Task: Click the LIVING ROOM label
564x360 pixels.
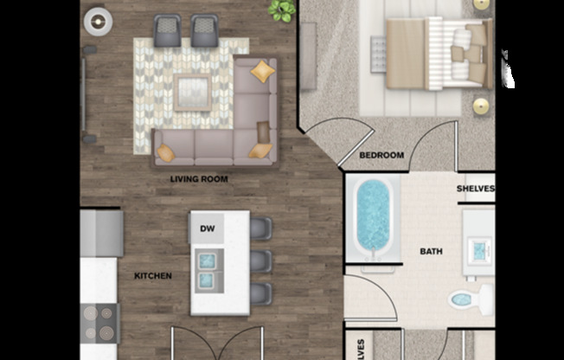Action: tap(199, 180)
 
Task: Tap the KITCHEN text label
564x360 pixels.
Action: tap(152, 276)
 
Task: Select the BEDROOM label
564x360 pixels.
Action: tap(381, 156)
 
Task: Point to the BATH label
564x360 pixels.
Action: tap(431, 252)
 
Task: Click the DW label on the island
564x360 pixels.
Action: tap(207, 228)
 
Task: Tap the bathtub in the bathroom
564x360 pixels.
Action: tap(375, 218)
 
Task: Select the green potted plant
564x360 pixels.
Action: tap(281, 10)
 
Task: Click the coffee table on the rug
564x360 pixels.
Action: tap(192, 93)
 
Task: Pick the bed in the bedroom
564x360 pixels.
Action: tap(438, 53)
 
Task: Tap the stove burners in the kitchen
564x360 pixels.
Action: tap(99, 322)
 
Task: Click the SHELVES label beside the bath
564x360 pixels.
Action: tap(475, 189)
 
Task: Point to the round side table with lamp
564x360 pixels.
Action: tap(98, 19)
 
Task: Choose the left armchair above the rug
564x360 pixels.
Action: tap(167, 31)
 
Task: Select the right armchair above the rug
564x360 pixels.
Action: tap(205, 31)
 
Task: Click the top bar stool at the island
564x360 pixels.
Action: tap(260, 229)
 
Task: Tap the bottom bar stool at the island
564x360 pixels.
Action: tap(260, 293)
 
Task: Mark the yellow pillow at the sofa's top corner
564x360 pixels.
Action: tap(262, 73)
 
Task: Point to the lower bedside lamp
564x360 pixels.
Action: tap(480, 106)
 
